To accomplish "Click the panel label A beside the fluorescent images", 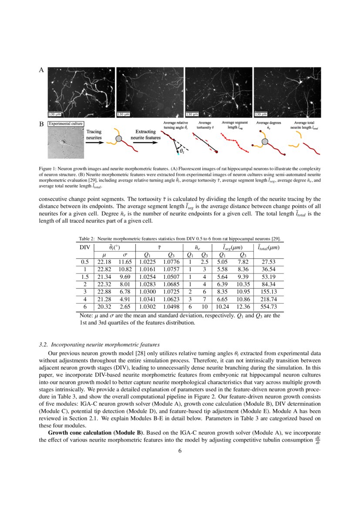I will [x=42, y=70].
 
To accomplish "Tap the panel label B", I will [x=42, y=125].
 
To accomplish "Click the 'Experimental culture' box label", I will [x=66, y=124].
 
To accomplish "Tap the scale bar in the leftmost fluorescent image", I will [x=57, y=114].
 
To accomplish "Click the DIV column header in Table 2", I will [x=84, y=247].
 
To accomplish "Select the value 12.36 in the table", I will [x=242, y=306].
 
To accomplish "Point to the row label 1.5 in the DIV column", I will [x=84, y=276].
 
